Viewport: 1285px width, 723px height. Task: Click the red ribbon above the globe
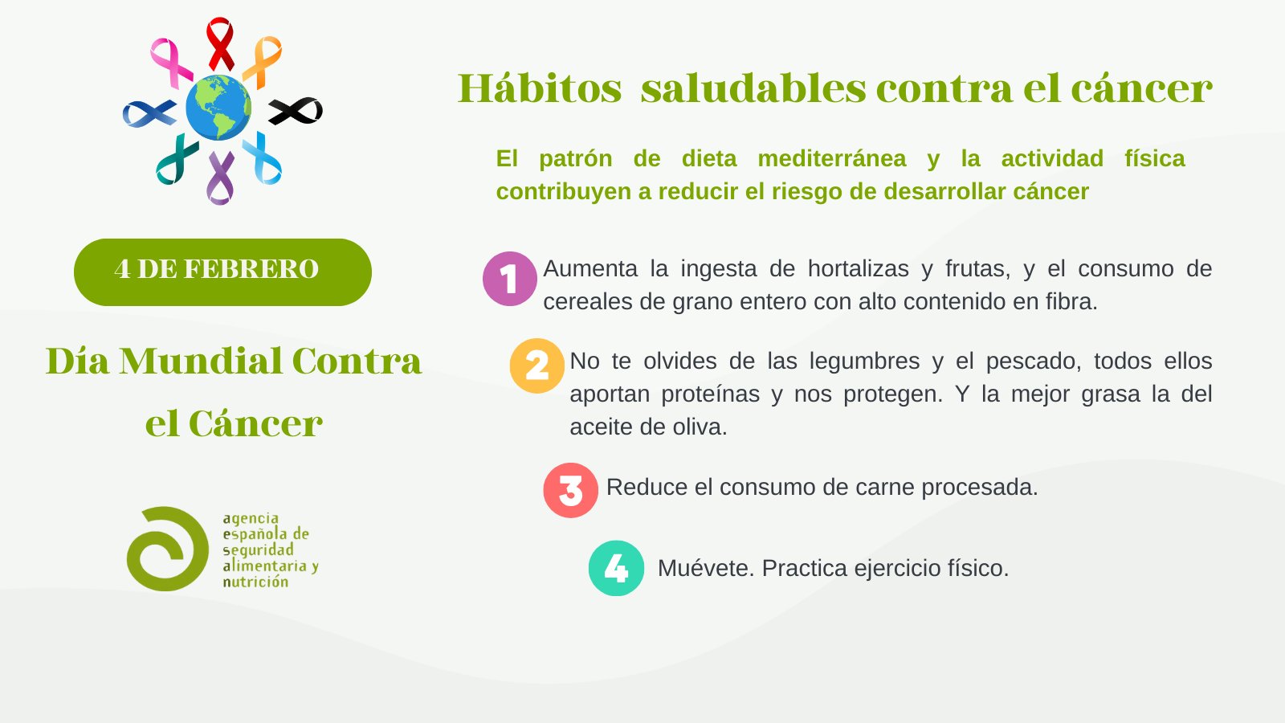tap(220, 43)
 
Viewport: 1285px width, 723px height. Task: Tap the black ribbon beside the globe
tap(295, 111)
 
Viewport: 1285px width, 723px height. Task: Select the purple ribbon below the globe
tap(220, 178)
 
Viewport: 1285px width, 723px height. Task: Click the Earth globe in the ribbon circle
tap(218, 108)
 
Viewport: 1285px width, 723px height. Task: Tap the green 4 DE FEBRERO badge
tap(222, 272)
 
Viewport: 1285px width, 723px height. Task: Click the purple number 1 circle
tap(509, 278)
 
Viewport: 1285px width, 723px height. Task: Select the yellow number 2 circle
tap(537, 366)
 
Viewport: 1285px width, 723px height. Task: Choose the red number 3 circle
tap(571, 490)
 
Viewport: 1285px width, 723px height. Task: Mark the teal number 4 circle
tap(616, 568)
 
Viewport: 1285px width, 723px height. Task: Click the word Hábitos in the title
tap(540, 89)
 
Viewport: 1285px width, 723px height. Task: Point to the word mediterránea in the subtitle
tap(832, 158)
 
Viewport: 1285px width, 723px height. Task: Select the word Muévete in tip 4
tap(706, 568)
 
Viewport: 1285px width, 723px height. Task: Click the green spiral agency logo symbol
tap(167, 549)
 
